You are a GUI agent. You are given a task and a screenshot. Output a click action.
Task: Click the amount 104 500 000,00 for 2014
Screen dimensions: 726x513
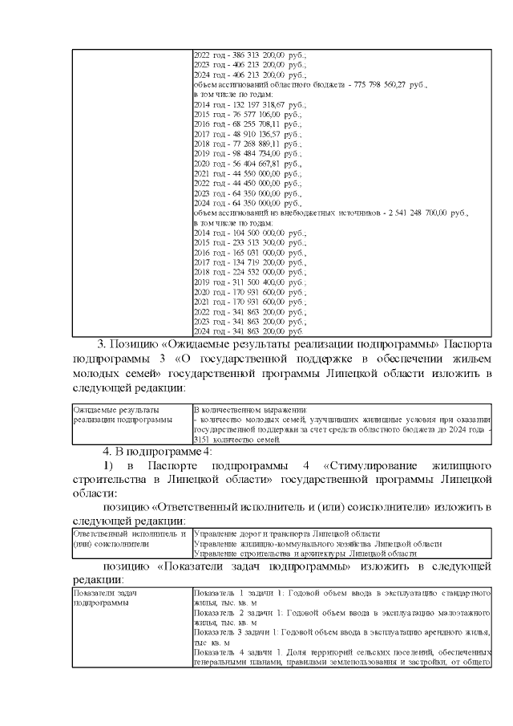click(x=256, y=232)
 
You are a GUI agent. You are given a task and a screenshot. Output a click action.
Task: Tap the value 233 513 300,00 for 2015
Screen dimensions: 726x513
click(x=256, y=241)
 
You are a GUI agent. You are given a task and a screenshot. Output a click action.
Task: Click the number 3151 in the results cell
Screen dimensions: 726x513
click(x=201, y=439)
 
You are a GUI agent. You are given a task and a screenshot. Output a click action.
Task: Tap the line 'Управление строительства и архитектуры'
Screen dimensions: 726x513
click(x=305, y=553)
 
